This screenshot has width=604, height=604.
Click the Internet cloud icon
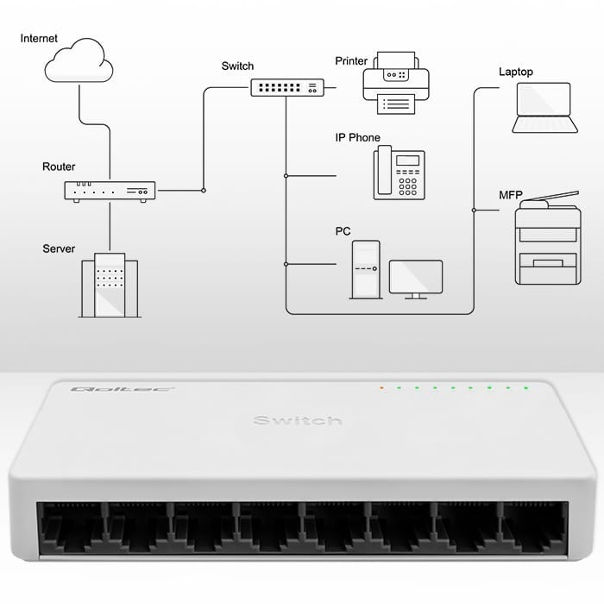[x=79, y=63]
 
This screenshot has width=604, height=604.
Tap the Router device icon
[x=110, y=191]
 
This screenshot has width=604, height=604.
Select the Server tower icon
[x=109, y=286]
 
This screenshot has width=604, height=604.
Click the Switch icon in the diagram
[x=287, y=87]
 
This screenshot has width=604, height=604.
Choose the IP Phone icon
[x=399, y=173]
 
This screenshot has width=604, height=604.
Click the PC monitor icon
[x=416, y=279]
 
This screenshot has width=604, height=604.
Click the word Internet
[x=39, y=39]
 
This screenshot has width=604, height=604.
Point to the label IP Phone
[x=357, y=138]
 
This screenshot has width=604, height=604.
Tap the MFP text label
[x=510, y=196]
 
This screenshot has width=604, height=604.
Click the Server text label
[x=59, y=249]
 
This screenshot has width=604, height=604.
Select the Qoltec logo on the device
[x=98, y=390]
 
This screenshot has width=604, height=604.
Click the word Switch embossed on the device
[x=297, y=420]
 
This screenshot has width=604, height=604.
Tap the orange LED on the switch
[x=381, y=387]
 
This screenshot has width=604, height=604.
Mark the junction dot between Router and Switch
[x=203, y=190]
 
